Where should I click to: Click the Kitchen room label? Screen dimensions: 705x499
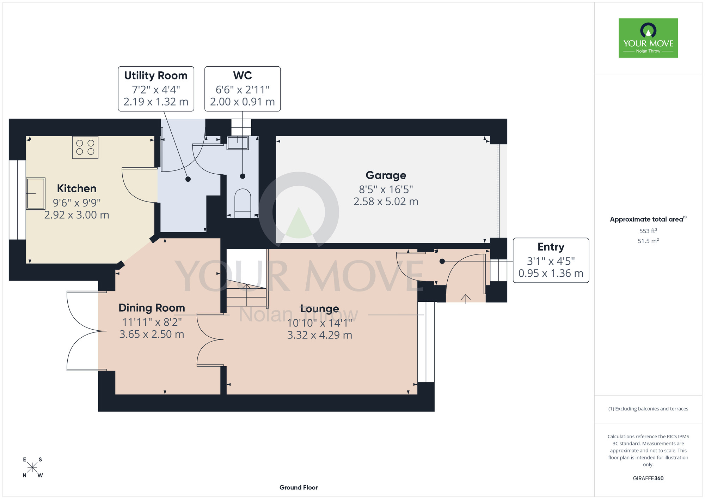coord(77,188)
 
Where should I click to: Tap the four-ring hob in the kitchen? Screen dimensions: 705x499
coord(85,147)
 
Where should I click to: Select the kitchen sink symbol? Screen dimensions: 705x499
coord(36,193)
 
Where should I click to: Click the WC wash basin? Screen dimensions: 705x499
coord(238,143)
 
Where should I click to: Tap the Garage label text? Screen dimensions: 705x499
coord(386,175)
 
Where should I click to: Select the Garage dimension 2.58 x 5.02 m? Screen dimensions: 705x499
coord(386,202)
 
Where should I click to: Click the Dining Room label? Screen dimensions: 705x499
coord(152,308)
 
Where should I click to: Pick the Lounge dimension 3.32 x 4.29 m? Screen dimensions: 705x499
coord(320,335)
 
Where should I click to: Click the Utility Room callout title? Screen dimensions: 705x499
coord(156,76)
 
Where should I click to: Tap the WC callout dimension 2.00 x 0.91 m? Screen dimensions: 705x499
coord(243,102)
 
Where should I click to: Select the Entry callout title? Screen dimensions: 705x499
coord(551,247)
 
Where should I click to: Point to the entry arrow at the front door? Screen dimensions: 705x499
coord(466,299)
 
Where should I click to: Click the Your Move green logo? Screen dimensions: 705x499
coord(648,38)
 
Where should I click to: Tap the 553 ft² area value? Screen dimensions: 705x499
coord(648,231)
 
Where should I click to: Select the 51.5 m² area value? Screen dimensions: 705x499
coord(648,241)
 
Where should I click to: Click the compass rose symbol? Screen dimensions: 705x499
coord(32,468)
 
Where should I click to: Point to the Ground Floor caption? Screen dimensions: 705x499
coord(299,487)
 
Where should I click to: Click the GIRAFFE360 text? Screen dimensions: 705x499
coord(648,479)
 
